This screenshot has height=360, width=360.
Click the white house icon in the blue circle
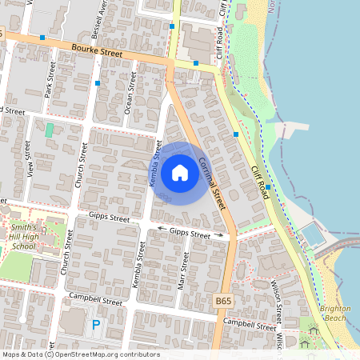(179, 172)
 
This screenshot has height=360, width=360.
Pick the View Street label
(29, 158)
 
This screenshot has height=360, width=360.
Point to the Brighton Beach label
(334, 313)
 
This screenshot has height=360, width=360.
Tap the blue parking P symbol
(96, 325)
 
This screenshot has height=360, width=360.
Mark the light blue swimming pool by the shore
(310, 235)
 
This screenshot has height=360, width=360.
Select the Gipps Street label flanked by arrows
(190, 233)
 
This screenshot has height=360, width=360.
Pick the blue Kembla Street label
(155, 164)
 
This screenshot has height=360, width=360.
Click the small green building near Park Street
(50, 129)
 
